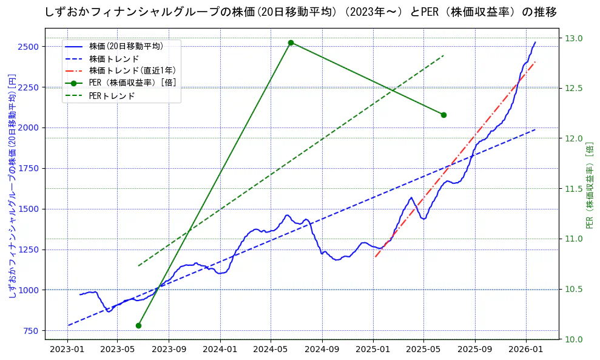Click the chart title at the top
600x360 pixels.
(x=300, y=12)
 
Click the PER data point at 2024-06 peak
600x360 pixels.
(x=291, y=42)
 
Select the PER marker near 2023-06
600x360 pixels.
(x=138, y=325)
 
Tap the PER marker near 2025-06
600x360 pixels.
(x=443, y=115)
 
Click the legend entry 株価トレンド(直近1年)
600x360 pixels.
(x=134, y=70)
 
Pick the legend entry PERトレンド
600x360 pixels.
(x=112, y=95)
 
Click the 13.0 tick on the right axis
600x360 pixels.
(x=575, y=38)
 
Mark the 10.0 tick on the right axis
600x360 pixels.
(x=575, y=339)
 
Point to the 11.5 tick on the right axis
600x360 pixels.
(x=575, y=189)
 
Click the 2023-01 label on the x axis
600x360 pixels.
(x=67, y=350)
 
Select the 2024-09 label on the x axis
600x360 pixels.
(x=322, y=350)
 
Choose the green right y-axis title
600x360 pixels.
(x=590, y=186)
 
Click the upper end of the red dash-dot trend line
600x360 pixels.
(x=535, y=62)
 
